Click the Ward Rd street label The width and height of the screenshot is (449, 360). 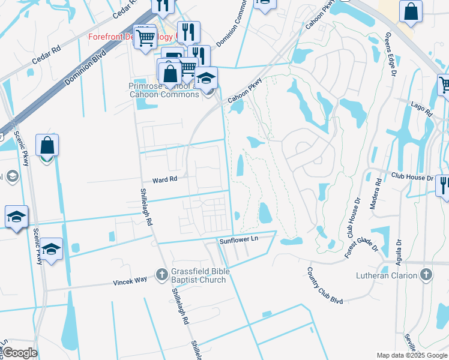[x=165, y=179]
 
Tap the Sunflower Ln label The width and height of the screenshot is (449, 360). [x=238, y=239]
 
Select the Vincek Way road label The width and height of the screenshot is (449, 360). [x=130, y=281]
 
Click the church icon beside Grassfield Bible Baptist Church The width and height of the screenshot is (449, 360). [x=161, y=275]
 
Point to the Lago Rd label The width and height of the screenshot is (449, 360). [x=421, y=112]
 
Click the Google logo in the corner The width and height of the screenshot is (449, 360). [x=19, y=353]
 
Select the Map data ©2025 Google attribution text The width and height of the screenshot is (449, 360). [x=412, y=355]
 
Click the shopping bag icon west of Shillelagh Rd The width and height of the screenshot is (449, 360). [x=47, y=146]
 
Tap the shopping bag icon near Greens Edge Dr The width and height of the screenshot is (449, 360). [x=411, y=12]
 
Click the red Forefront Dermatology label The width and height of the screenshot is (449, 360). [x=123, y=37]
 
